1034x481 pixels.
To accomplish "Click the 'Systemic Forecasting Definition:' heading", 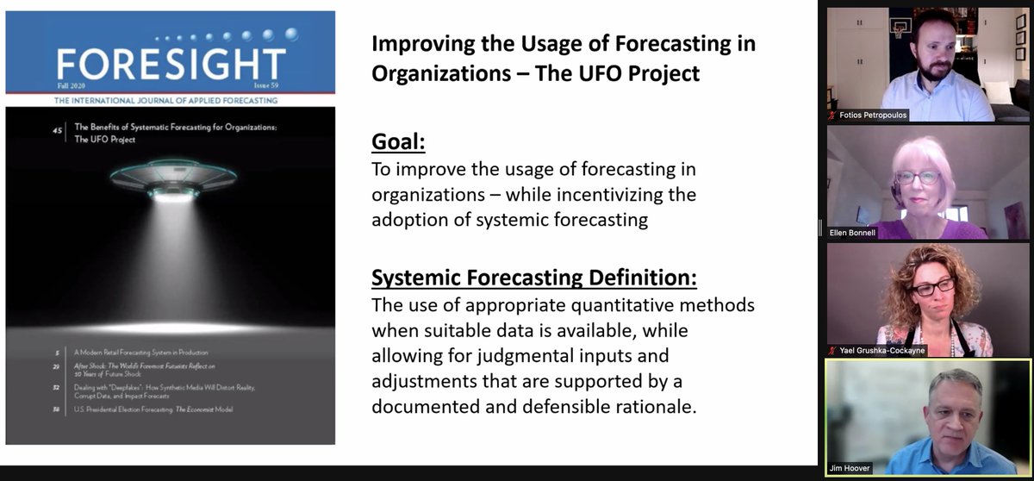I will coord(533,278).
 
